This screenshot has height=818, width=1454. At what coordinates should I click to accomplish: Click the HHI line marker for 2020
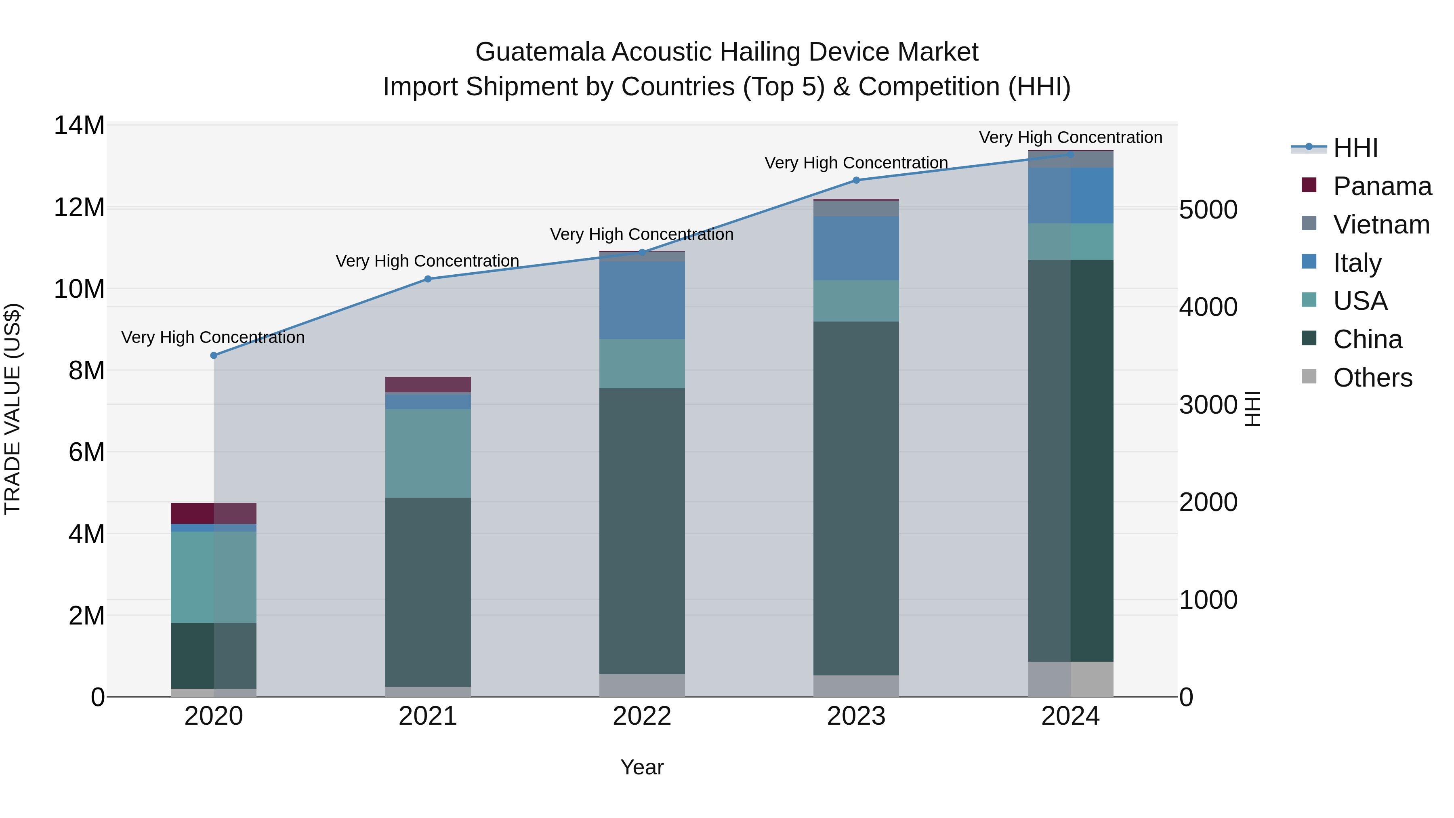pyautogui.click(x=214, y=355)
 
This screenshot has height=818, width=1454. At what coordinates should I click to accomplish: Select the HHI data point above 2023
pyautogui.click(x=856, y=180)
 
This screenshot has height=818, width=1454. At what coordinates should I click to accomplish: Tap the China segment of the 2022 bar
pyautogui.click(x=642, y=531)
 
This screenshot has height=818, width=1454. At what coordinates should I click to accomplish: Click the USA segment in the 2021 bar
pyautogui.click(x=428, y=453)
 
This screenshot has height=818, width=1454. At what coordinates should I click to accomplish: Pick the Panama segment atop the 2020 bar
pyautogui.click(x=214, y=513)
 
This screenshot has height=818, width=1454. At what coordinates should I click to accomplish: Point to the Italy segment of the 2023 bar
pyautogui.click(x=856, y=248)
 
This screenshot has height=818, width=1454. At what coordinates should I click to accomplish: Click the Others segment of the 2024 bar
pyautogui.click(x=1071, y=679)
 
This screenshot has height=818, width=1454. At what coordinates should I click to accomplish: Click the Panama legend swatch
pyautogui.click(x=1309, y=185)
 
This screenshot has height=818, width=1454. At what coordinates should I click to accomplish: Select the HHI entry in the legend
pyautogui.click(x=1355, y=148)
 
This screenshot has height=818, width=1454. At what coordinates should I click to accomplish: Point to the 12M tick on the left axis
pyautogui.click(x=79, y=208)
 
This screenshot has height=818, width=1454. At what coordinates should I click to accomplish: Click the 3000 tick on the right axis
pyautogui.click(x=1208, y=405)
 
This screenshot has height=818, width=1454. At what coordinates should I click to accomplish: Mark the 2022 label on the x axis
pyautogui.click(x=642, y=716)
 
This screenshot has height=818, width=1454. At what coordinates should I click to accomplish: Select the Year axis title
pyautogui.click(x=642, y=767)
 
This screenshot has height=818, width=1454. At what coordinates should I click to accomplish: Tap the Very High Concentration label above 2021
pyautogui.click(x=427, y=261)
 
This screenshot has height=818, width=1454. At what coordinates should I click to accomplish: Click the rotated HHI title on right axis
pyautogui.click(x=1252, y=409)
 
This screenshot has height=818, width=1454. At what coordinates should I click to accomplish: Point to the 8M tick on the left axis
pyautogui.click(x=86, y=371)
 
